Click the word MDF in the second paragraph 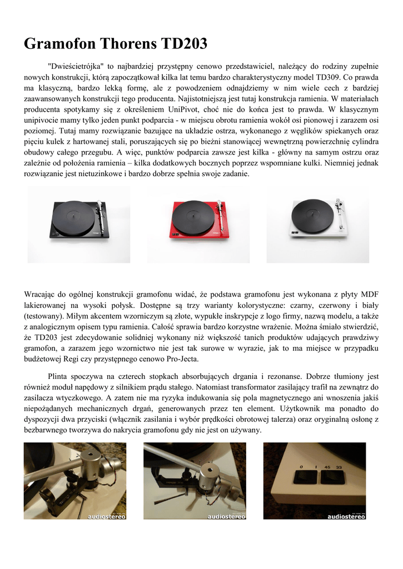point(370,294)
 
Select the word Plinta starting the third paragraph point(61,376)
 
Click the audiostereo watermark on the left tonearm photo point(106,516)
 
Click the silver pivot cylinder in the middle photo point(207,476)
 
